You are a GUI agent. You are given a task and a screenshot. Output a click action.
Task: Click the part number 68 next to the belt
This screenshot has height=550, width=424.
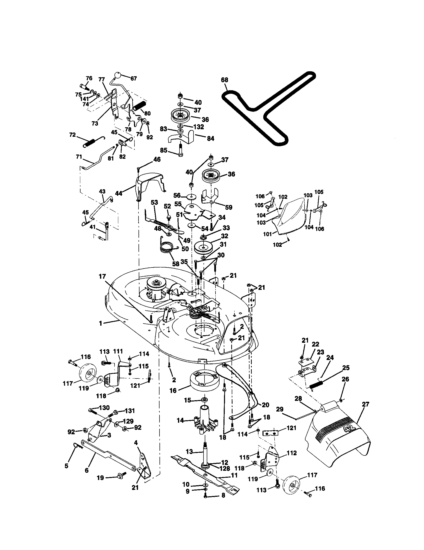(x=224, y=80)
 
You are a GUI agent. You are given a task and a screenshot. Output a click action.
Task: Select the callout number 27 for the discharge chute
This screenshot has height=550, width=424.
(x=365, y=404)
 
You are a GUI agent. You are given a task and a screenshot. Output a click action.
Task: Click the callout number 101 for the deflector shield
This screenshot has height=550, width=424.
(x=267, y=234)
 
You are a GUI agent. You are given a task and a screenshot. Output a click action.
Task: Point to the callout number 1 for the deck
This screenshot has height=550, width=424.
(x=101, y=323)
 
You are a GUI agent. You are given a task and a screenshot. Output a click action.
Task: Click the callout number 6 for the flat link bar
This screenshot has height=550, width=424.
(x=86, y=470)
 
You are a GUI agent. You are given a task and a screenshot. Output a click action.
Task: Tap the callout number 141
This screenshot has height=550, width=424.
(x=84, y=99)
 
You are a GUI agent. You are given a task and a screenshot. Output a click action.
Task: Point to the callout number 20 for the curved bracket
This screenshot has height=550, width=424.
(x=265, y=405)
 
